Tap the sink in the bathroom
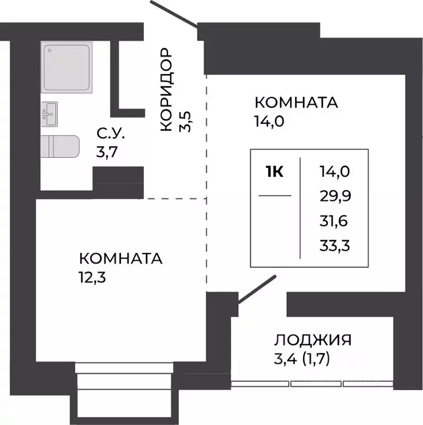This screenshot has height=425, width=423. click(49, 115)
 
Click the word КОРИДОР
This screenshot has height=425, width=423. click(166, 90)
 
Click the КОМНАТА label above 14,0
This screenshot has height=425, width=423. click(296, 103)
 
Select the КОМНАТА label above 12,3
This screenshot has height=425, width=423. click(121, 258)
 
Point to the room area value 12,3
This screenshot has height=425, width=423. click(93, 276)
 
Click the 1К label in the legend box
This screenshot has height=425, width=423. click(275, 172)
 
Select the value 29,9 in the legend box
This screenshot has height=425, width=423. click(335, 196)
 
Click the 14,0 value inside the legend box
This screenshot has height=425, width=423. click(335, 172)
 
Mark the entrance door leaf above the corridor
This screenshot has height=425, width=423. click(174, 14)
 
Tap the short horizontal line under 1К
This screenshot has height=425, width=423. click(275, 195)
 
